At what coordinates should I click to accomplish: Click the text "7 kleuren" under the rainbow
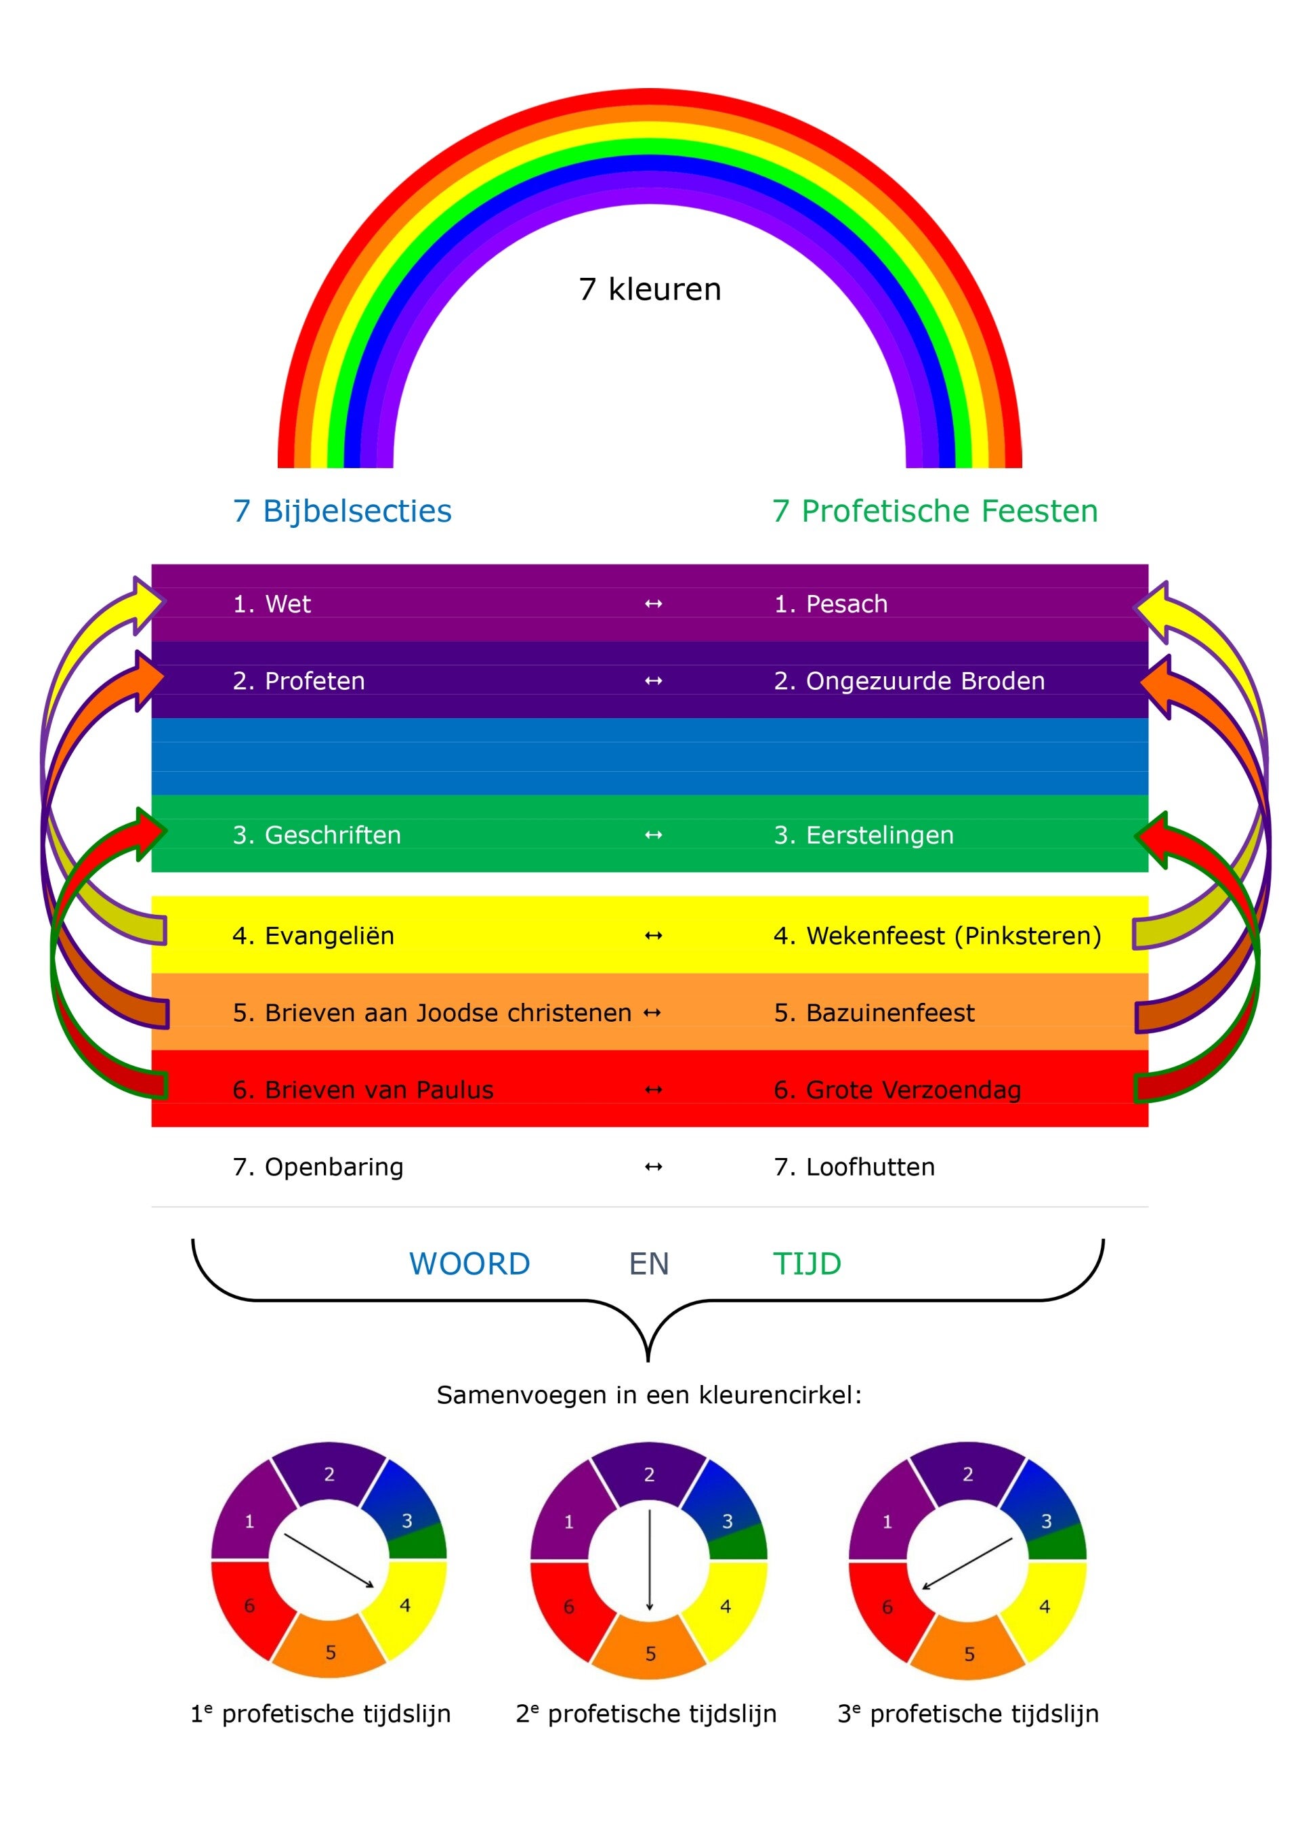tap(650, 289)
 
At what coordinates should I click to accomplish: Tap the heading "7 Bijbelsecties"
tap(342, 511)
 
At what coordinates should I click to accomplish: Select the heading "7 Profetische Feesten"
tap(935, 511)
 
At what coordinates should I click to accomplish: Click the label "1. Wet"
tap(272, 604)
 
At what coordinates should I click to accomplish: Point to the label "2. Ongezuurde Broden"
tap(909, 681)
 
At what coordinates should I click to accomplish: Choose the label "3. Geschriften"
tap(316, 835)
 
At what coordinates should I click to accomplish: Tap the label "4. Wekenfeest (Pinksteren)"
tap(937, 936)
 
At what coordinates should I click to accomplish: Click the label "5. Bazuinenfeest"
tap(874, 1012)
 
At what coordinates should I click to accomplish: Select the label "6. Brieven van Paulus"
tap(363, 1090)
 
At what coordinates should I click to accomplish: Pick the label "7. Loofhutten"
tap(854, 1167)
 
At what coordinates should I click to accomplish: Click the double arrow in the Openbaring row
tap(654, 1167)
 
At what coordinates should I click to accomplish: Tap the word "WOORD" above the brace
tap(469, 1264)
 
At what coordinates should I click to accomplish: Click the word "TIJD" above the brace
tap(807, 1264)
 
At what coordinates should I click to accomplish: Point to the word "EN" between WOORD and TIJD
tap(649, 1264)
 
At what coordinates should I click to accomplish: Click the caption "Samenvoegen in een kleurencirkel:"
tap(649, 1395)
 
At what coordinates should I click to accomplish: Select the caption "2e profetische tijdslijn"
tap(646, 1714)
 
